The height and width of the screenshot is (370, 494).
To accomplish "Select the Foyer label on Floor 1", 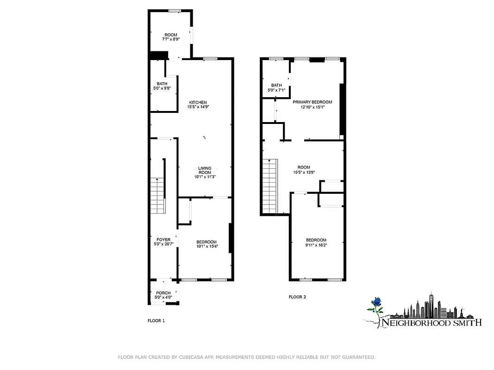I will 163,239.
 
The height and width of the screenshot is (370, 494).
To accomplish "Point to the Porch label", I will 163,293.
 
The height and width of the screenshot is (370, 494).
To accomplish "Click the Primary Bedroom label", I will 312,102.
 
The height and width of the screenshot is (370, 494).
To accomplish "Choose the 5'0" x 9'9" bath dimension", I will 162,88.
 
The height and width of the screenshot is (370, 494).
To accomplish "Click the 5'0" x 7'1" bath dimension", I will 276,90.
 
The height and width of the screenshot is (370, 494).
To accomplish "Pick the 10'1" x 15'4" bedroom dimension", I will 206,246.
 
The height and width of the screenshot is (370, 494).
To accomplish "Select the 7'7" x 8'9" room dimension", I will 171,40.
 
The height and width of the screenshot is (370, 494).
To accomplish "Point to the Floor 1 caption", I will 156,321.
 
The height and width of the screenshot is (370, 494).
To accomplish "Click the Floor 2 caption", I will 297,297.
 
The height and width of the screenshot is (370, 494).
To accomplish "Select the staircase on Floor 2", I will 269,185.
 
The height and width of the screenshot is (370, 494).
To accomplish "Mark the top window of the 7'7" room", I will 174,11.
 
